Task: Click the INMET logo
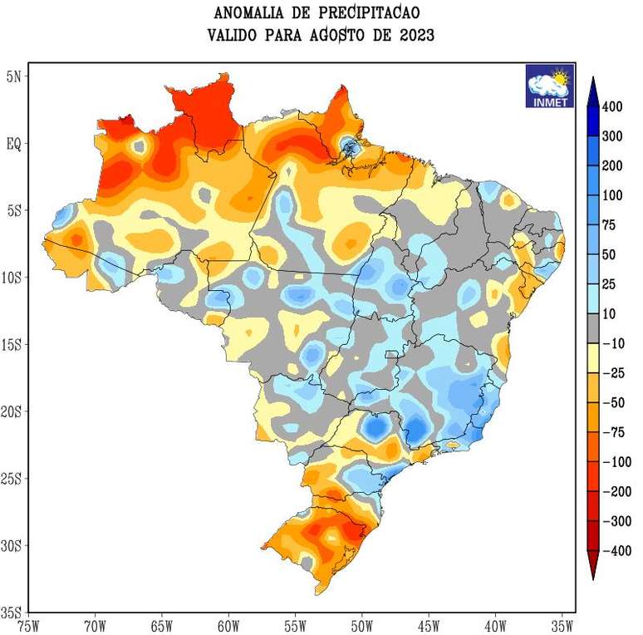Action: coord(549,86)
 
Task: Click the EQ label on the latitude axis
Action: coord(15,143)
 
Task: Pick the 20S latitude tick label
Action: coord(14,411)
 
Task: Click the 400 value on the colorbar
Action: coord(612,106)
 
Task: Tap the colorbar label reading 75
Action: coord(610,225)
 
